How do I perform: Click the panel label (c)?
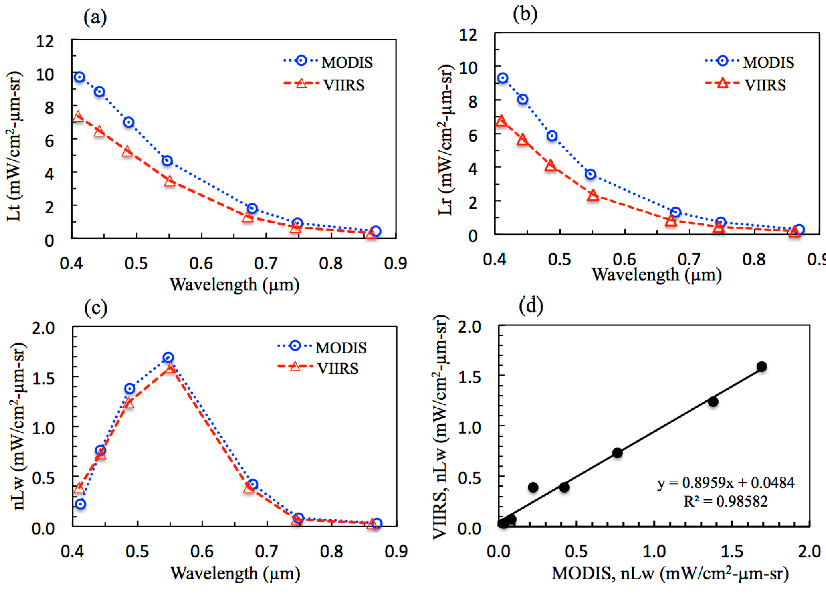(96, 308)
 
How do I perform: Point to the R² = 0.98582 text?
(726, 502)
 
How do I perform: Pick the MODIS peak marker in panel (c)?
(168, 357)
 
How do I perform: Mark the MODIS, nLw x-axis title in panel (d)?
(670, 574)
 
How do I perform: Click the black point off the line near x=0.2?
(533, 487)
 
